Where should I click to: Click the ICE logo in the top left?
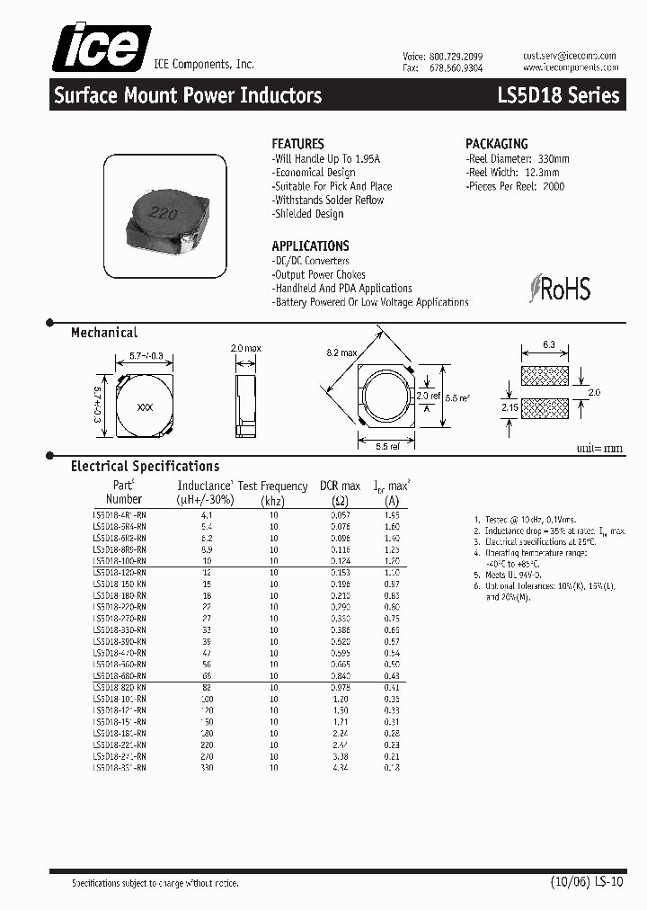click(100, 47)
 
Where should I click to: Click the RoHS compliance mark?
click(560, 289)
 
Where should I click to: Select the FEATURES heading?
click(297, 144)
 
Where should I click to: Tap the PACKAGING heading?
click(496, 144)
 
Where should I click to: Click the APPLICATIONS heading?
click(310, 245)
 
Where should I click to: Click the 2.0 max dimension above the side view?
click(245, 348)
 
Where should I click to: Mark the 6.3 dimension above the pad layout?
click(549, 344)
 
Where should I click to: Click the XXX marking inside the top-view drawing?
click(144, 407)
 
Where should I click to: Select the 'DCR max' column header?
click(341, 486)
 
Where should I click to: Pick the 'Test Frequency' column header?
click(273, 486)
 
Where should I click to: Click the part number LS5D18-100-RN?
click(120, 560)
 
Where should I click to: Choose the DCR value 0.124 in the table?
click(341, 560)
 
